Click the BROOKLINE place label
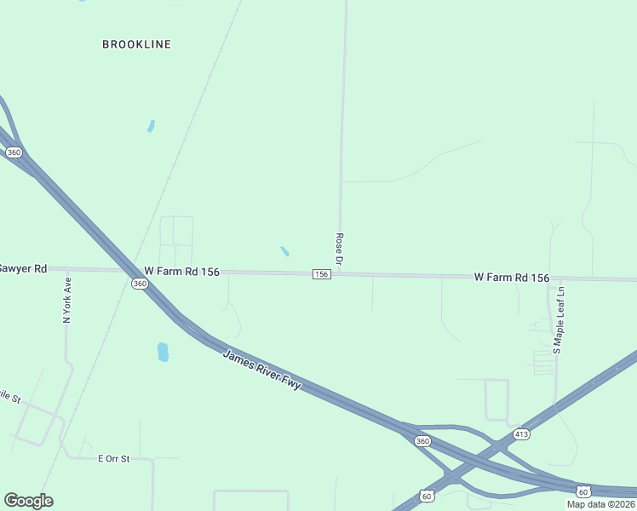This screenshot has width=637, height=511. [x=136, y=44]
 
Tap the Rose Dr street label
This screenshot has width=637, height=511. [x=339, y=250]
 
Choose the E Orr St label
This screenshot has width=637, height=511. [x=113, y=458]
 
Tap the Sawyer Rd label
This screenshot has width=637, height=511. [x=22, y=268]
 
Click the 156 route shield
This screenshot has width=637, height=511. [x=321, y=273]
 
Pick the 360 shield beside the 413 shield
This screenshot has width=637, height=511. [x=422, y=440]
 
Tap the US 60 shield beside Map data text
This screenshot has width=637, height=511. [x=582, y=491]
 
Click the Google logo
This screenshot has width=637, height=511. [x=28, y=501]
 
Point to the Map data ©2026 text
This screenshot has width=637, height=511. [x=601, y=504]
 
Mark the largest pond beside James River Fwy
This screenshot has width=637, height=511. [x=163, y=351]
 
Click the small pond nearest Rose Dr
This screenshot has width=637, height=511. [x=284, y=251]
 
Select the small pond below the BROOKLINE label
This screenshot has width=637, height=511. [x=151, y=126]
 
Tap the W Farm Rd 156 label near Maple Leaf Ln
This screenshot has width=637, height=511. [x=511, y=278]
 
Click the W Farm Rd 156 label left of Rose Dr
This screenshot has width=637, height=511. [x=181, y=272]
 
